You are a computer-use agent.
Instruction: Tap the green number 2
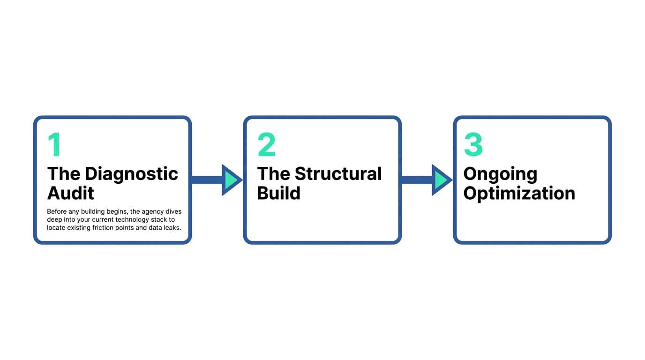point(266,145)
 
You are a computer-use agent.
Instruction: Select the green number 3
point(473,145)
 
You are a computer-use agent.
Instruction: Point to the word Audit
point(71,193)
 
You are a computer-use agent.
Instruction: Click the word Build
point(278,193)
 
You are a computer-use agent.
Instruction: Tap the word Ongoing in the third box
point(500,174)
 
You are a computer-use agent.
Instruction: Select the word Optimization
point(519,193)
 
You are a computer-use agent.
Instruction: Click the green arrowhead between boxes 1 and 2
point(231,180)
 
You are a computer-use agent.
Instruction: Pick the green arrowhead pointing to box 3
point(441,180)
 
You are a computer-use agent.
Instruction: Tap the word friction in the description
point(105,228)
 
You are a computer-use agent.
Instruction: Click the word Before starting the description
point(57,212)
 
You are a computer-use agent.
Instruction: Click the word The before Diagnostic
point(64,174)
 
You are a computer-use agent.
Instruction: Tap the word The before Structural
point(274,174)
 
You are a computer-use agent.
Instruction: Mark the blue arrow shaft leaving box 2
point(416,180)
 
